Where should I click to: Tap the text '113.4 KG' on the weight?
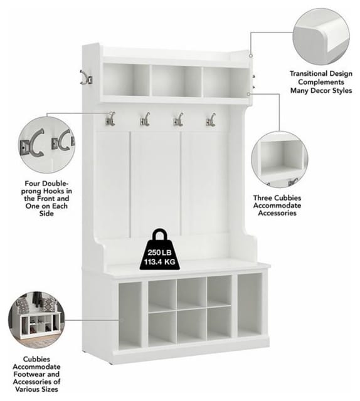(x=159, y=262)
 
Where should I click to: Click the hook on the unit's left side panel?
(x=87, y=77)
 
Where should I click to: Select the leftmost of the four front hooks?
(x=110, y=119)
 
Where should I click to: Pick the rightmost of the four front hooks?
(x=211, y=120)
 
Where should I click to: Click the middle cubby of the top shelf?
(x=177, y=81)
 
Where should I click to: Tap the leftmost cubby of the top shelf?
(x=127, y=80)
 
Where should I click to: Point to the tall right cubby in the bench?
(x=250, y=305)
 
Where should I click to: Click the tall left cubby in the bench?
(x=130, y=315)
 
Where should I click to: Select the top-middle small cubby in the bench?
(x=191, y=293)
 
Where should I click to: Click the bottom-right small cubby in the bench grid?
(x=219, y=323)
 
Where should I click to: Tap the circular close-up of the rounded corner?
(x=321, y=36)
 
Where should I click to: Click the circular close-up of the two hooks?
(x=47, y=145)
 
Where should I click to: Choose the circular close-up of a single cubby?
(x=279, y=160)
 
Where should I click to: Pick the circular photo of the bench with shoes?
(x=36, y=320)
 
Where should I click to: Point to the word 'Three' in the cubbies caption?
(x=263, y=198)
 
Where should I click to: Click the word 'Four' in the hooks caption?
(x=32, y=184)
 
